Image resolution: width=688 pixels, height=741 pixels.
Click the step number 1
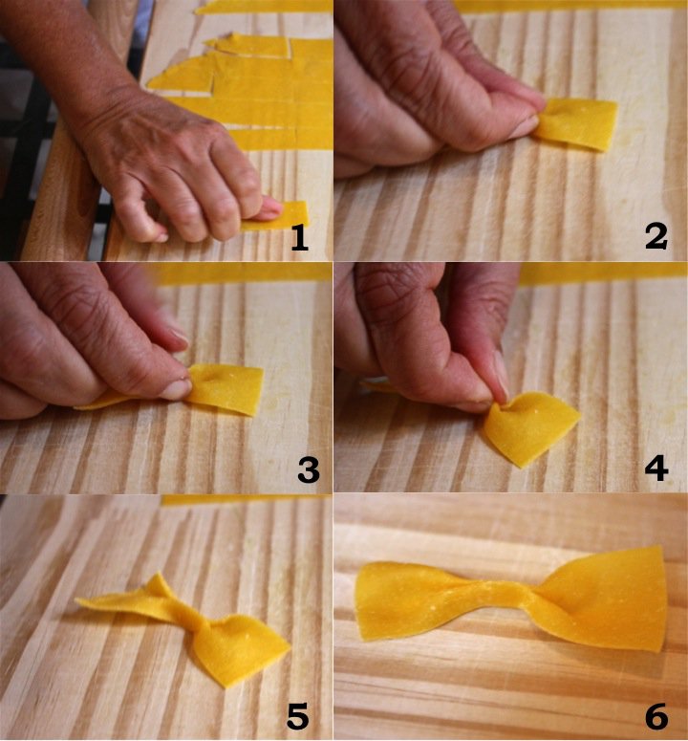pyautogui.click(x=299, y=237)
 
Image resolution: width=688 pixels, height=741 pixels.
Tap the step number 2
pyautogui.click(x=656, y=236)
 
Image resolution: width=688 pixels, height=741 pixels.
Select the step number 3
pyautogui.click(x=309, y=470)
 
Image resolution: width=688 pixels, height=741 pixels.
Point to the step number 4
pyautogui.click(x=656, y=468)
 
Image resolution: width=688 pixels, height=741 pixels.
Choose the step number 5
pyautogui.click(x=298, y=716)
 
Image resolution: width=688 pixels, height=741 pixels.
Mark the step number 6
pyautogui.click(x=656, y=716)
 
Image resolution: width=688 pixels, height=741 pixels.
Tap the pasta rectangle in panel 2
pyautogui.click(x=575, y=123)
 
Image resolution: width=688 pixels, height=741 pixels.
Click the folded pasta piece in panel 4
pyautogui.click(x=528, y=427)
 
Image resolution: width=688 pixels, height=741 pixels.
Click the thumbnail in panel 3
pyautogui.click(x=176, y=388)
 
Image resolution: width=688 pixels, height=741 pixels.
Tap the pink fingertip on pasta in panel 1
pyautogui.click(x=270, y=207)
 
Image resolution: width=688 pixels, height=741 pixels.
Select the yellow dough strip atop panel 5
pyautogui.click(x=246, y=499)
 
